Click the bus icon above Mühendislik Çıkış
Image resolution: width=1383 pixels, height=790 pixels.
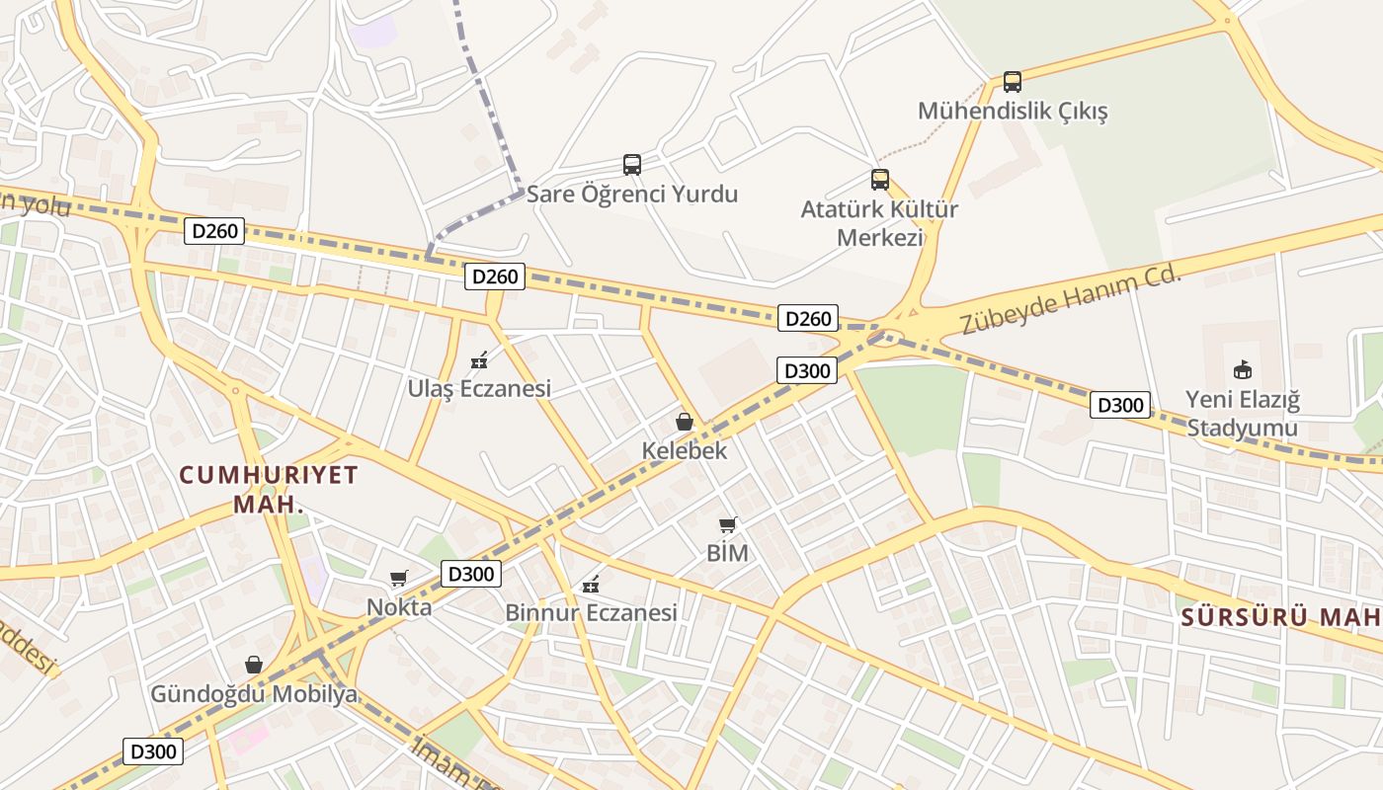[1012, 81]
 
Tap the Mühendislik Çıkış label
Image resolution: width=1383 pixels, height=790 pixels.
[1013, 111]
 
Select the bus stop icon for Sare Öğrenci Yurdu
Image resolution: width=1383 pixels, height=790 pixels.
[632, 164]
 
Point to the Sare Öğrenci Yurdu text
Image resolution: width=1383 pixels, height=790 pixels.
[631, 194]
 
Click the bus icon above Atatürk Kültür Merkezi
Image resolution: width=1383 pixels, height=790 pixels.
[880, 179]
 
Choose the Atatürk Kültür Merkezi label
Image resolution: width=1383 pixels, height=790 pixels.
[879, 223]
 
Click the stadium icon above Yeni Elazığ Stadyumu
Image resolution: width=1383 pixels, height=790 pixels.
[1242, 370]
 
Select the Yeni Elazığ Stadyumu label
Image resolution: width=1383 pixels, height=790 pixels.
[1243, 415]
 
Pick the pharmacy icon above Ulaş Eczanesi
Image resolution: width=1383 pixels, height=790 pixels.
[479, 360]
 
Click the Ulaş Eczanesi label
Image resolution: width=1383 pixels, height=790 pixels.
[479, 389]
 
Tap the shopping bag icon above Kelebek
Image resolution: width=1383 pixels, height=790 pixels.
[684, 422]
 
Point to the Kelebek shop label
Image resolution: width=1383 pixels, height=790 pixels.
[685, 451]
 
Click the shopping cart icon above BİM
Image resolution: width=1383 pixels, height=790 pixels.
[728, 524]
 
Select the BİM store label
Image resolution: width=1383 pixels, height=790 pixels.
[727, 553]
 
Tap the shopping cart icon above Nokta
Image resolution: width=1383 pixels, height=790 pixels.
[399, 578]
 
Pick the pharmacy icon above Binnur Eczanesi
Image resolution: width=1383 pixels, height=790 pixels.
[591, 585]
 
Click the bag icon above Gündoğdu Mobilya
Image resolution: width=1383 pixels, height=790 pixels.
[254, 665]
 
